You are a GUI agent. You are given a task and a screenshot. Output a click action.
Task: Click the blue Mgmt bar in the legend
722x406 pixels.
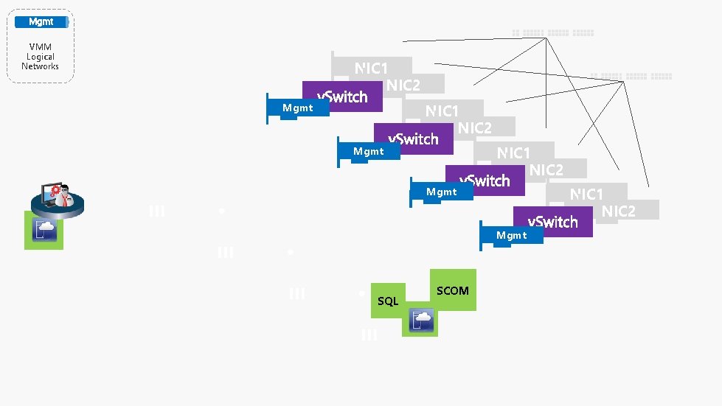pos(41,22)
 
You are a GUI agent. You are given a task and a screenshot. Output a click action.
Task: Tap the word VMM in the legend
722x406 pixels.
pos(40,47)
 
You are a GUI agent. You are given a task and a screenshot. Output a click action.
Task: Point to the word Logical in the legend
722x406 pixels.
pos(40,57)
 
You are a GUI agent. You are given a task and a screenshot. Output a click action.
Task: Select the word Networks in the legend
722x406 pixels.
pos(40,66)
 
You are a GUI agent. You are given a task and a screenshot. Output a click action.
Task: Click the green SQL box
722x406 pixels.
pos(388,301)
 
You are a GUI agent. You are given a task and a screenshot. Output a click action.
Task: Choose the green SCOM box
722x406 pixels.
pos(452,290)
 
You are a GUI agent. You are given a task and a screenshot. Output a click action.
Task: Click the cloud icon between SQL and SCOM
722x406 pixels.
pos(421,321)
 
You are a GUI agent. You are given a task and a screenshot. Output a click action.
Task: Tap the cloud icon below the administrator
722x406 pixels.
pos(44,230)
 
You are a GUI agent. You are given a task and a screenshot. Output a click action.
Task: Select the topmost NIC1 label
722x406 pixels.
pos(371,69)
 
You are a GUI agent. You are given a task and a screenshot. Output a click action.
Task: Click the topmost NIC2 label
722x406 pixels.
pos(403,85)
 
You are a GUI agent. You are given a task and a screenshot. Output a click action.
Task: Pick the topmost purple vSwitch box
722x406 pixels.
pos(342,97)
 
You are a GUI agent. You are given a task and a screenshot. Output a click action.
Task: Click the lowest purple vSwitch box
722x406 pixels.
pos(553,222)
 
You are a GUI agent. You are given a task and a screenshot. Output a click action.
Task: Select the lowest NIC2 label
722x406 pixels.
pos(618,211)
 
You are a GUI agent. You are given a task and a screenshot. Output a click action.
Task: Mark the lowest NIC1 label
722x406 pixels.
pos(586,195)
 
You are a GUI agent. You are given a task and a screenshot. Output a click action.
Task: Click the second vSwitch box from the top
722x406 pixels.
pos(413,139)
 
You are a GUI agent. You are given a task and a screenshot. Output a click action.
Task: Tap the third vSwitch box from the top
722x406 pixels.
pos(485,181)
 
